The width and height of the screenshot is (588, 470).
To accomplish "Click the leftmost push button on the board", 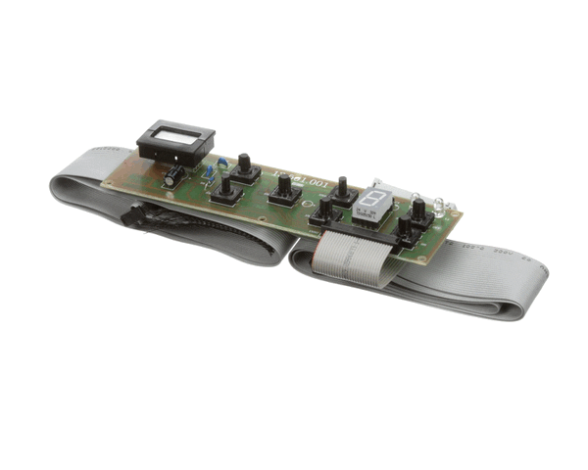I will click(x=225, y=190).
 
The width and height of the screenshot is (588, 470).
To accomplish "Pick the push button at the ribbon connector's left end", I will click(x=324, y=212).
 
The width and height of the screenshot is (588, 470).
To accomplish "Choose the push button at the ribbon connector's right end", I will click(x=404, y=231).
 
